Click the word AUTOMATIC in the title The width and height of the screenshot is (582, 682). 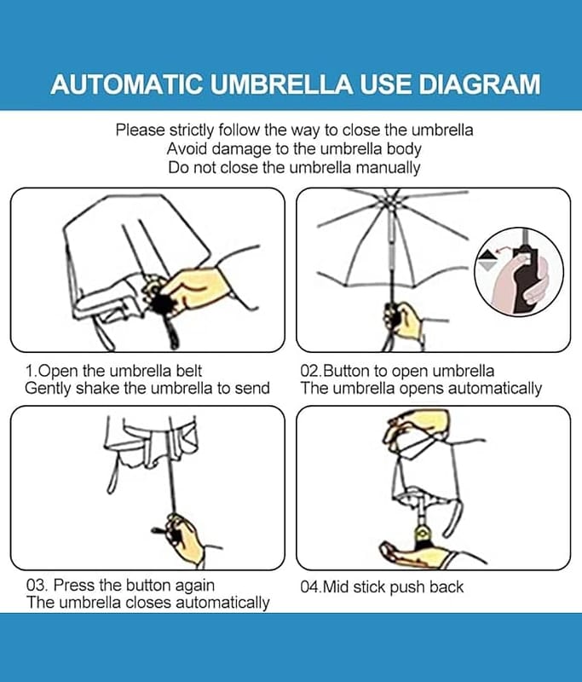tap(126, 84)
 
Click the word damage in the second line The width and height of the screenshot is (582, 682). tap(242, 149)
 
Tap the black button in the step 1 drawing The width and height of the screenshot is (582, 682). tap(162, 303)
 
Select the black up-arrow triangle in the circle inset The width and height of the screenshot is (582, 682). tap(486, 254)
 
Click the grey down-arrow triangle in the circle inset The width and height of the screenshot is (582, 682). tap(486, 266)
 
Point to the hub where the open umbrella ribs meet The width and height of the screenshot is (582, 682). tap(391, 203)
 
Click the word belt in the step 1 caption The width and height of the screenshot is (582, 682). tap(189, 371)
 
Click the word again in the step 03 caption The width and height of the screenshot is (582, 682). tap(195, 586)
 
